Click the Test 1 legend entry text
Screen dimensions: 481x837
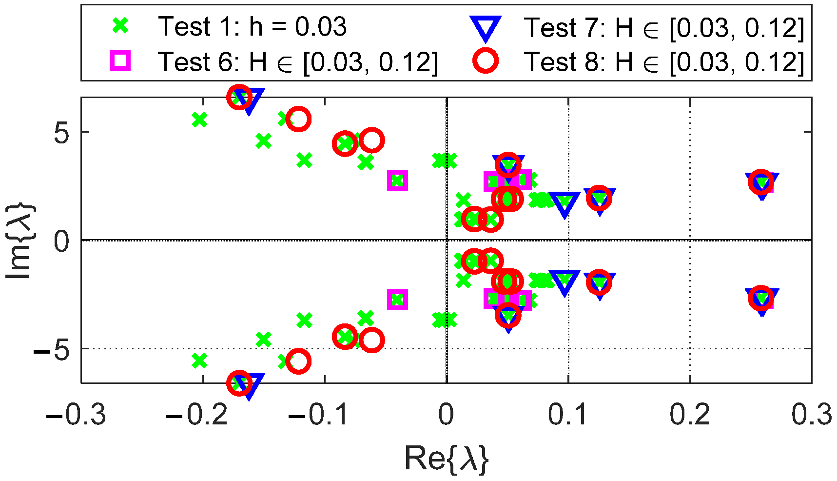pos(252,26)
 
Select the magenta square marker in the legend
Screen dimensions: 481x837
pos(120,61)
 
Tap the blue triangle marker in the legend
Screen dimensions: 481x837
pos(485,28)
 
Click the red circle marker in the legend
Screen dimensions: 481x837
pos(486,61)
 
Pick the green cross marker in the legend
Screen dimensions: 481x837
pos(120,25)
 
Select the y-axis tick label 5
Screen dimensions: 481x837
pos(61,133)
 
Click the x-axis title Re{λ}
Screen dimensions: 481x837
pos(446,459)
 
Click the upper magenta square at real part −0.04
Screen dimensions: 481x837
pos(397,181)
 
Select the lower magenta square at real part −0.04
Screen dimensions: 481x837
pos(397,300)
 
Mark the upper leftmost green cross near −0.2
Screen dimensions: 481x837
pos(199,120)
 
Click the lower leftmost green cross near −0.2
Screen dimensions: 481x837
pos(199,361)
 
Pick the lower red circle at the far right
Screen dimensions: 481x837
pos(761,298)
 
